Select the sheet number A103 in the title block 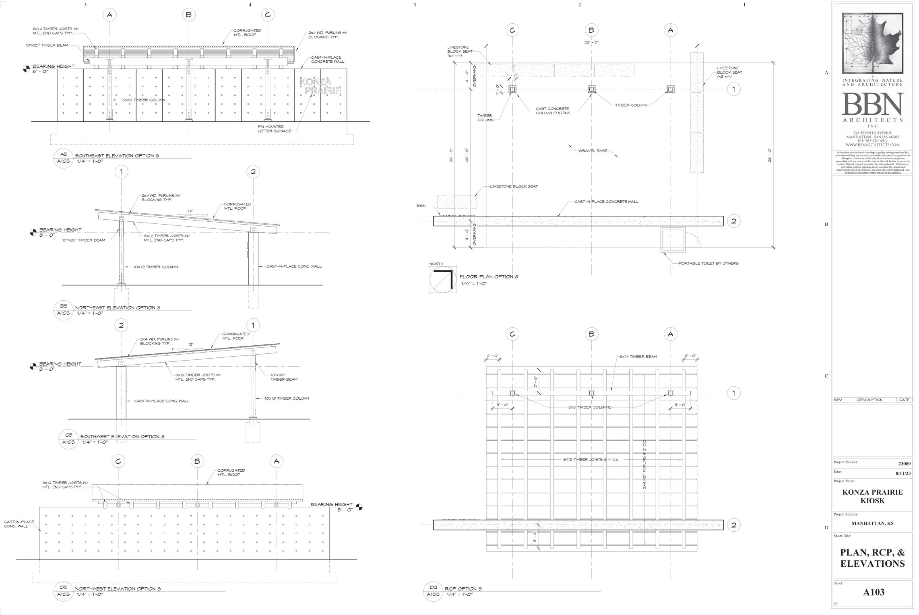coord(874,592)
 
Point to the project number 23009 coord(904,464)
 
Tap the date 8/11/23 coord(903,473)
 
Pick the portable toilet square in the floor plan coord(673,240)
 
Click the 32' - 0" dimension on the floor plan coord(591,42)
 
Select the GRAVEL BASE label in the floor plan coord(593,151)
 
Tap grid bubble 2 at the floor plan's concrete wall coord(733,221)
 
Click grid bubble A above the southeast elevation coord(109,15)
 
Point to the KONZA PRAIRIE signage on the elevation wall coord(320,87)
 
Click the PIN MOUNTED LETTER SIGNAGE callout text coord(274,129)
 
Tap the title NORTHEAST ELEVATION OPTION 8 coord(118,308)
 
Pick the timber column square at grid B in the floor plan coord(591,89)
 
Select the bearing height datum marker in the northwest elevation coord(359,507)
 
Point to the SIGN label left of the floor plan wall coord(421,206)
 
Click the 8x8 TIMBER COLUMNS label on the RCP coord(589,407)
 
